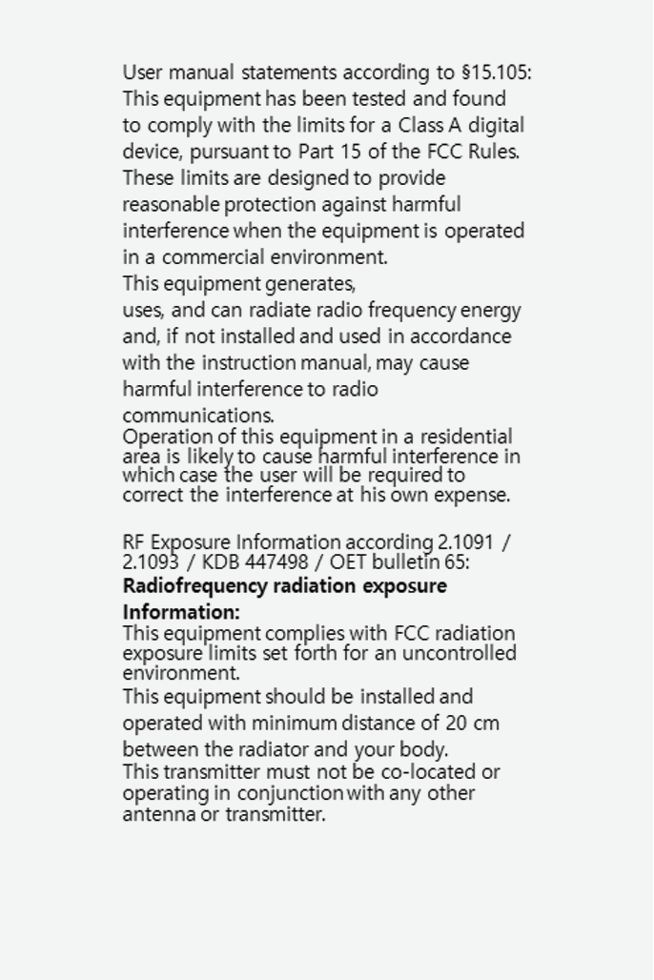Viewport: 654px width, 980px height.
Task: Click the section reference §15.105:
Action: pyautogui.click(x=496, y=72)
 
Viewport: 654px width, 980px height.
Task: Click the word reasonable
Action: pyautogui.click(x=171, y=205)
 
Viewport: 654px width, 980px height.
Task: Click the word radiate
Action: pyautogui.click(x=279, y=311)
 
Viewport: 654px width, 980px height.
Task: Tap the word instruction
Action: pyautogui.click(x=248, y=363)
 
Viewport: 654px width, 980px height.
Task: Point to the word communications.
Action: pyautogui.click(x=197, y=417)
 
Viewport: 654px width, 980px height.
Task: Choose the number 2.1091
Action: pyautogui.click(x=465, y=543)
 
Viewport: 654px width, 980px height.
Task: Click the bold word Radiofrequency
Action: pyautogui.click(x=194, y=586)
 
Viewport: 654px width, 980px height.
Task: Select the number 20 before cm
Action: pyautogui.click(x=456, y=724)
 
